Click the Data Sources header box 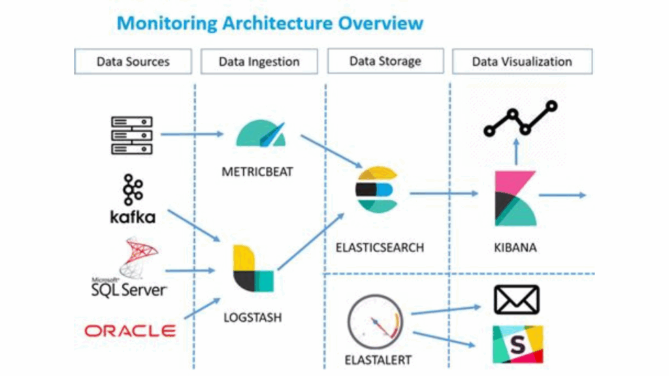(133, 62)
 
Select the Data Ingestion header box (259, 62)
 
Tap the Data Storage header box (385, 61)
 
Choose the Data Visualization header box (522, 62)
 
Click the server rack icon (131, 135)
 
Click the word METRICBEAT (257, 172)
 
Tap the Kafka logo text (133, 217)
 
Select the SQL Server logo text (129, 288)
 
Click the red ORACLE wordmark (130, 331)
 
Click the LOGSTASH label (252, 318)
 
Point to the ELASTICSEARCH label (380, 248)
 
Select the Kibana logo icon (515, 198)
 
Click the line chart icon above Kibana (520, 119)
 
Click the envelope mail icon (516, 300)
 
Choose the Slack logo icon (517, 344)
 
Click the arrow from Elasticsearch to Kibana (444, 193)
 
